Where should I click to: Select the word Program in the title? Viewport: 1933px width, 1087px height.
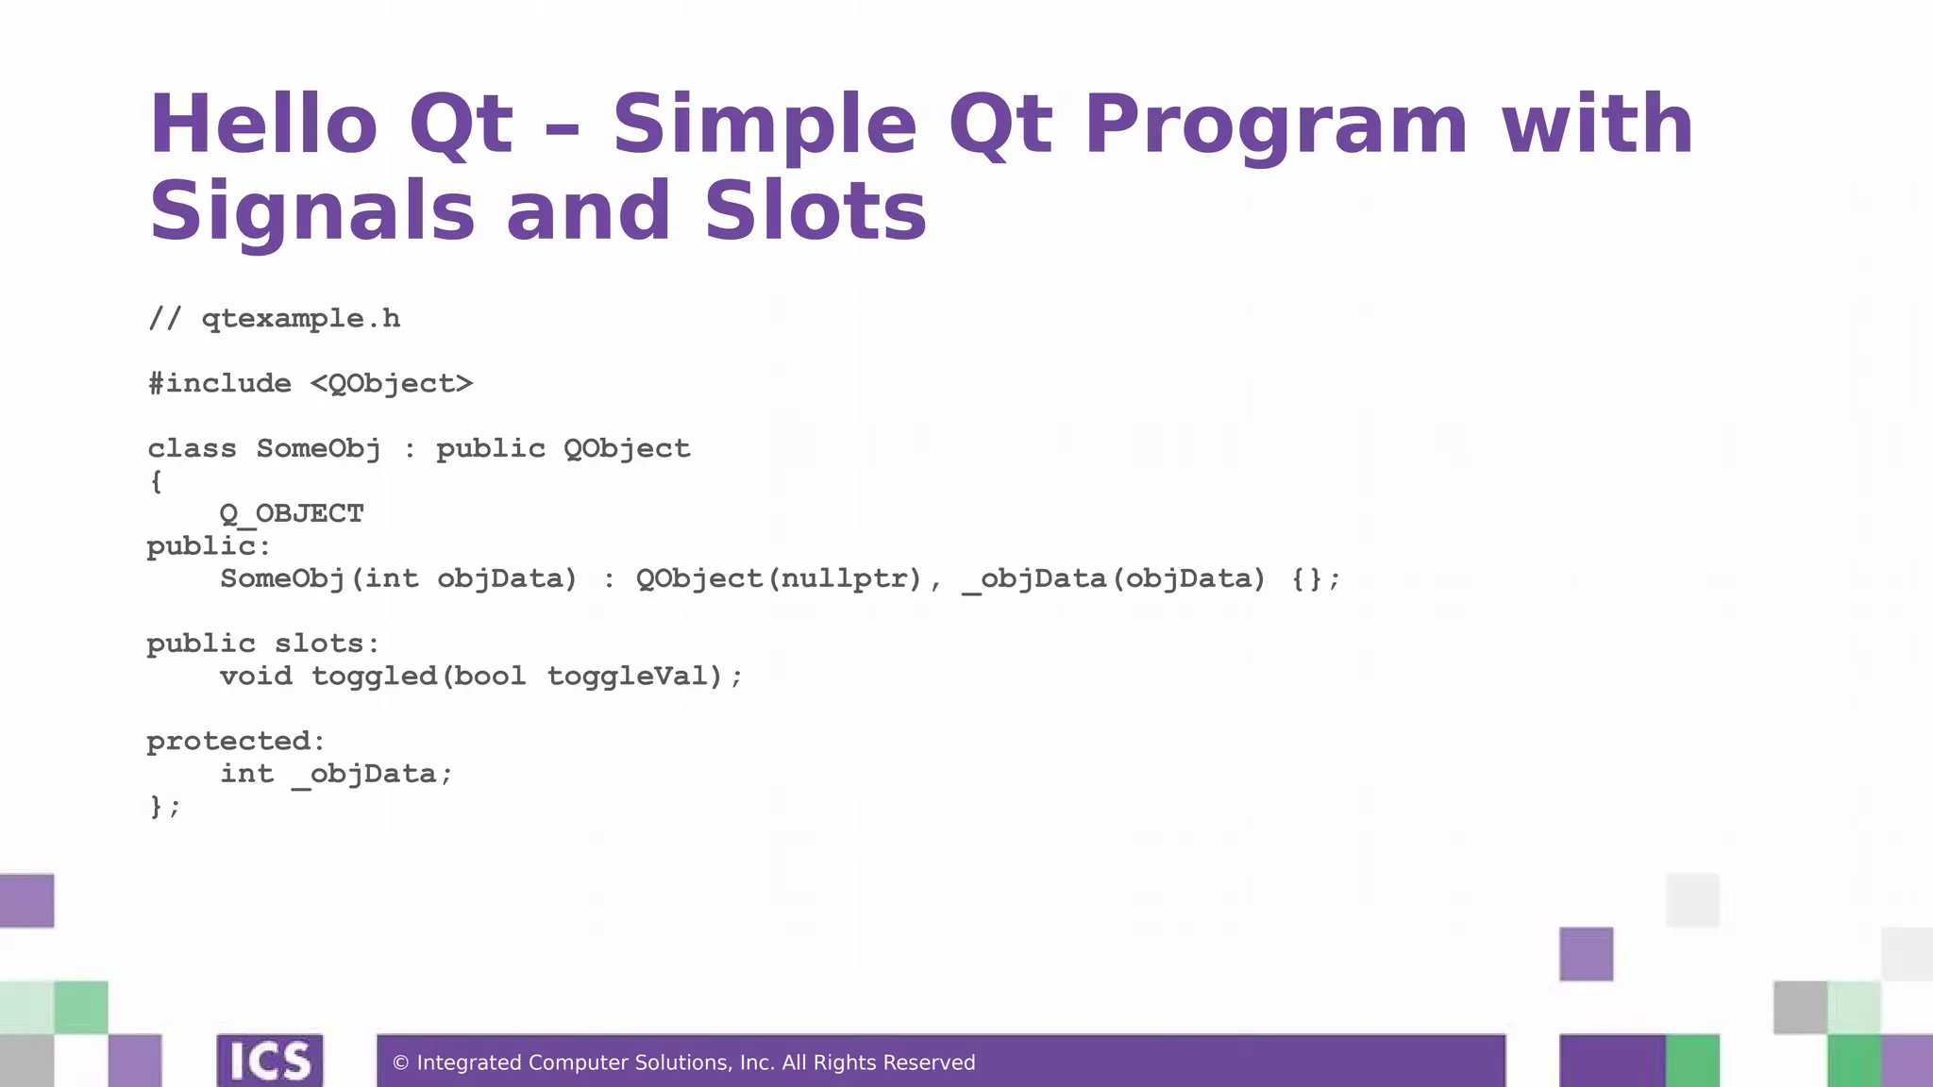pos(1275,125)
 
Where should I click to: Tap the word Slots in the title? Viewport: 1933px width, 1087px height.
pos(815,210)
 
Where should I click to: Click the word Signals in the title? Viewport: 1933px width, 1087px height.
pos(312,212)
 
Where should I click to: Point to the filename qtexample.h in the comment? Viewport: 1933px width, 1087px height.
pos(301,319)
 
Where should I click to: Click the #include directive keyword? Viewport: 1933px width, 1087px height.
pos(220,383)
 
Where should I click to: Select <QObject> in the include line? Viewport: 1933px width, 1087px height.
pos(392,384)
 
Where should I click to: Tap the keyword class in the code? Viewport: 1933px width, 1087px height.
pos(193,448)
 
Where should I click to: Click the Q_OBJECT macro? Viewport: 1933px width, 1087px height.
pos(292,513)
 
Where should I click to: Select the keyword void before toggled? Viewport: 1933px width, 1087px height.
pos(256,676)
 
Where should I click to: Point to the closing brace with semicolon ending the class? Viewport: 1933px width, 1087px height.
pos(163,807)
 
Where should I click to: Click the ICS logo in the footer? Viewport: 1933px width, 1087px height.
pos(270,1061)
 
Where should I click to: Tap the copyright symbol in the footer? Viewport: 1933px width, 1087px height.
pos(400,1063)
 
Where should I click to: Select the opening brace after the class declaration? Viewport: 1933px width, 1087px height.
pos(157,481)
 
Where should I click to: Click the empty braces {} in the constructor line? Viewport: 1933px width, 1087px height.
pos(1307,578)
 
